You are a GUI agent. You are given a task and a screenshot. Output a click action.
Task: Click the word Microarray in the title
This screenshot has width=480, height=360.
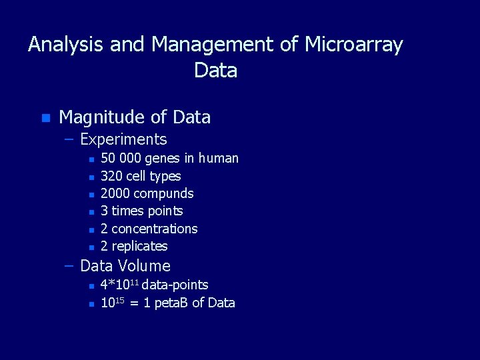(353, 45)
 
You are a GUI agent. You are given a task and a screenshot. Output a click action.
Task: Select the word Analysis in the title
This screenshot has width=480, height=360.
(66, 45)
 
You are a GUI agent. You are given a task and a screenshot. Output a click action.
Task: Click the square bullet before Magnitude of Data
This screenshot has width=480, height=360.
(45, 118)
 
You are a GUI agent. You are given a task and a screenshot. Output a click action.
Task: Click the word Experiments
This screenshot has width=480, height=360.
(123, 139)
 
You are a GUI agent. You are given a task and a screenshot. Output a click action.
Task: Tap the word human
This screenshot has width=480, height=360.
(218, 158)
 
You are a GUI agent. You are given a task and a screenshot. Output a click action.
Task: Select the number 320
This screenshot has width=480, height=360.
(111, 176)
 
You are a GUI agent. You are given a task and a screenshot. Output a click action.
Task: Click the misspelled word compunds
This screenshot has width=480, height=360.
(163, 193)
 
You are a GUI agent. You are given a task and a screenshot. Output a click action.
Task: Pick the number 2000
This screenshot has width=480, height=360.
(115, 193)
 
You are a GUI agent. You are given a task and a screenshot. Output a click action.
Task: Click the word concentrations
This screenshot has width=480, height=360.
(154, 229)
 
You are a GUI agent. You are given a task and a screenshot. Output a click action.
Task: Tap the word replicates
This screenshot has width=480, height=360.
(139, 246)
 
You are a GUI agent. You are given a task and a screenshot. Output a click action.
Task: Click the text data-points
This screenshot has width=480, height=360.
(175, 285)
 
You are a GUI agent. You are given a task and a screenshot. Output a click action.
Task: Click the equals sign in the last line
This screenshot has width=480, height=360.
(134, 303)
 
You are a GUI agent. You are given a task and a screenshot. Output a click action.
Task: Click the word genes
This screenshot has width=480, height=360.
(162, 159)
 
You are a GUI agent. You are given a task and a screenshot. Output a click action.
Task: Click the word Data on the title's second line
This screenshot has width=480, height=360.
(215, 69)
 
